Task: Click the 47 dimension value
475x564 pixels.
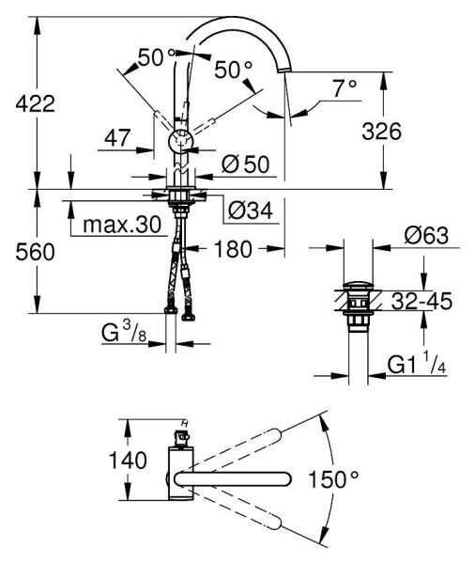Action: tap(118, 138)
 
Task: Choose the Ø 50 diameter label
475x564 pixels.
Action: tap(246, 164)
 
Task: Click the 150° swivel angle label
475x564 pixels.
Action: tap(334, 480)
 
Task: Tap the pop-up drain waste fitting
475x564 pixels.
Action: tap(357, 304)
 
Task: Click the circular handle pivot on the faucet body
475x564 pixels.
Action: tap(179, 143)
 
